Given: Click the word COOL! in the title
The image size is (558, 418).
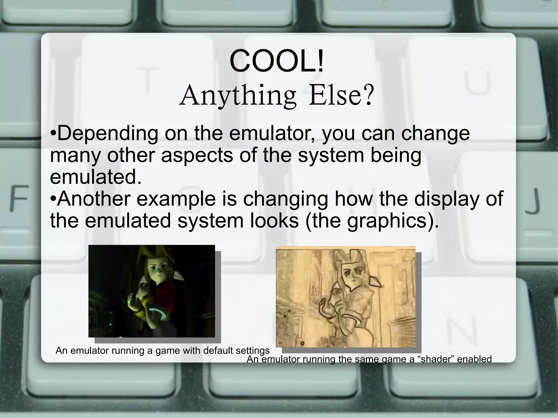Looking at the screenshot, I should point(277,62).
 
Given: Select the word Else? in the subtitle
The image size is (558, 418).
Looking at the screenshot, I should point(340,96).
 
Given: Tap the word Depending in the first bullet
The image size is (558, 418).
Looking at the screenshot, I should point(108,133).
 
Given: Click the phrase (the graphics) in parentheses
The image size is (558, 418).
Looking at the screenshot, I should point(372,221).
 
